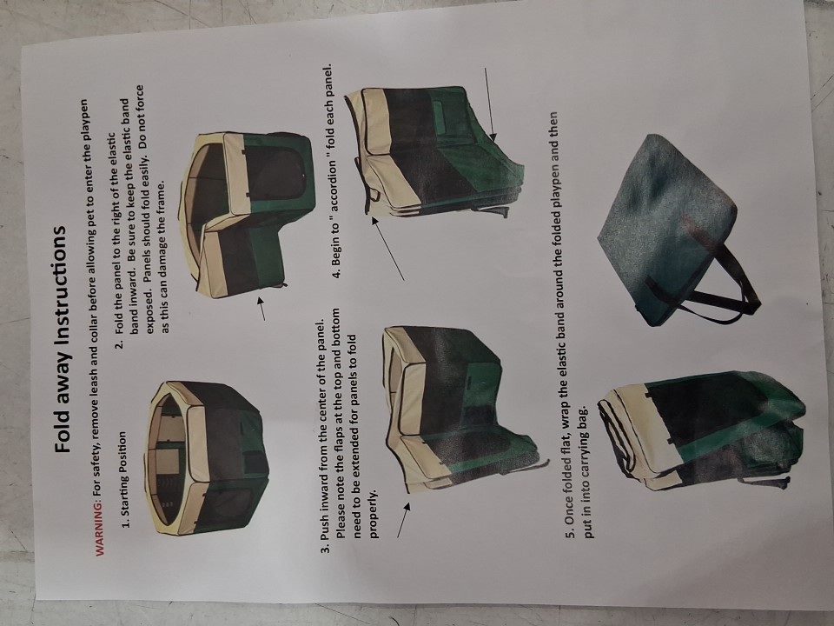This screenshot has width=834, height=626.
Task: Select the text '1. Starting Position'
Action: [x=124, y=480]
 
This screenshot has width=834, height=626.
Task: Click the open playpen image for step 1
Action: [x=207, y=458]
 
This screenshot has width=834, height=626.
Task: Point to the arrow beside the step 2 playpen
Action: [x=261, y=309]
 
